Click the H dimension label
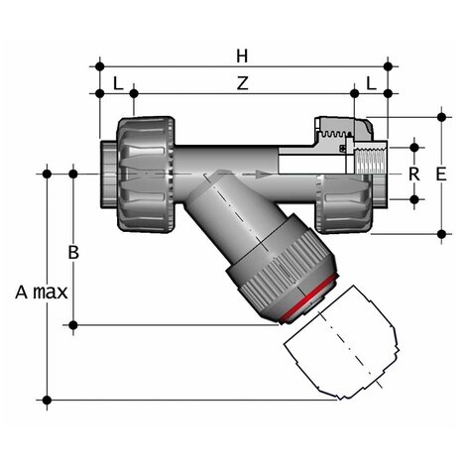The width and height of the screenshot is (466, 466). [241, 52]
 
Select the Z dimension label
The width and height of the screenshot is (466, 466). [241, 83]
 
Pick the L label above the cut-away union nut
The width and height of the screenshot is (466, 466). [372, 83]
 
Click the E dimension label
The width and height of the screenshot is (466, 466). [441, 174]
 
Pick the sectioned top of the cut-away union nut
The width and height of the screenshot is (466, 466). [343, 129]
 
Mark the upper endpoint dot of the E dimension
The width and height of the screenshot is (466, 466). [442, 116]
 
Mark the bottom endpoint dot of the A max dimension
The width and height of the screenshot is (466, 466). [47, 400]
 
